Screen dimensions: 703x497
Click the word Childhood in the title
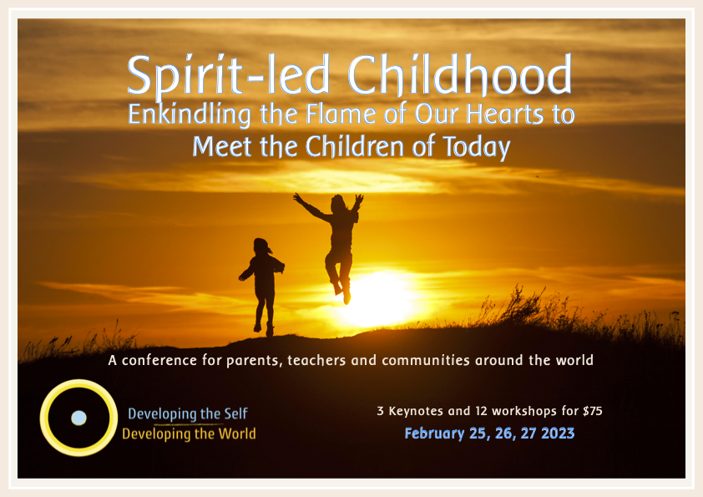459,75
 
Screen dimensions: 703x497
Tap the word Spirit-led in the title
229,77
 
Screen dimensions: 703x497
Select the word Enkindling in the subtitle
190,114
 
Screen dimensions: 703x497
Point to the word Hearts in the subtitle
505,114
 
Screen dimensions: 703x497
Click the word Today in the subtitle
477,147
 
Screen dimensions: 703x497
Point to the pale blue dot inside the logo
79,418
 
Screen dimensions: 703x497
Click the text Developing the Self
187,414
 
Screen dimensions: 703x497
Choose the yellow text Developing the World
189,434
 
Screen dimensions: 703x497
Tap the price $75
593,411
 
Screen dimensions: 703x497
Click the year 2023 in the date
558,434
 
